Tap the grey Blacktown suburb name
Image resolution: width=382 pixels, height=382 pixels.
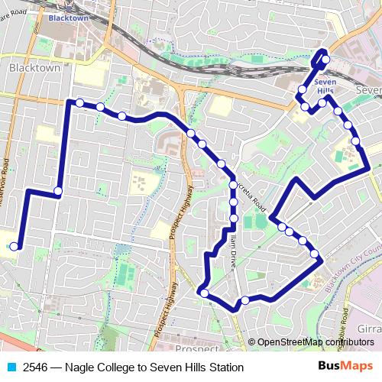pyautogui.click(x=34, y=67)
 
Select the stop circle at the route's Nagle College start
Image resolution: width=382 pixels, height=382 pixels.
pyautogui.click(x=14, y=246)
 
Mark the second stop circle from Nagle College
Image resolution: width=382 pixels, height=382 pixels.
pyautogui.click(x=58, y=190)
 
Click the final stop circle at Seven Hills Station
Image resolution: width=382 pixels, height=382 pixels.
pyautogui.click(x=325, y=59)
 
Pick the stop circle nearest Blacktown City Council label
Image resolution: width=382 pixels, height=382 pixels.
pyautogui.click(x=314, y=254)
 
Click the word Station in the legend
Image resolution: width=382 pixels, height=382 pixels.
pyautogui.click(x=223, y=367)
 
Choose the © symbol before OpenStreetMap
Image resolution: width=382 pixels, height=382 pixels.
pyautogui.click(x=253, y=342)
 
